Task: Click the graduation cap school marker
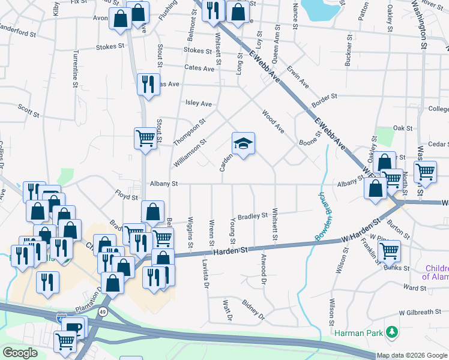tap(243, 144)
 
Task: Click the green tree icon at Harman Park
tap(392, 332)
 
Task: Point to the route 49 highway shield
tap(103, 311)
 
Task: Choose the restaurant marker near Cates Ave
tap(148, 84)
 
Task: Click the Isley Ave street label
tap(199, 103)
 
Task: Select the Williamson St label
tap(190, 154)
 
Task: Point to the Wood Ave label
tap(273, 121)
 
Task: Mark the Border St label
tap(325, 96)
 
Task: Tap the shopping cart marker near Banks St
tap(390, 251)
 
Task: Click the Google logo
tap(20, 353)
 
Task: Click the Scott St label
tap(28, 112)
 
